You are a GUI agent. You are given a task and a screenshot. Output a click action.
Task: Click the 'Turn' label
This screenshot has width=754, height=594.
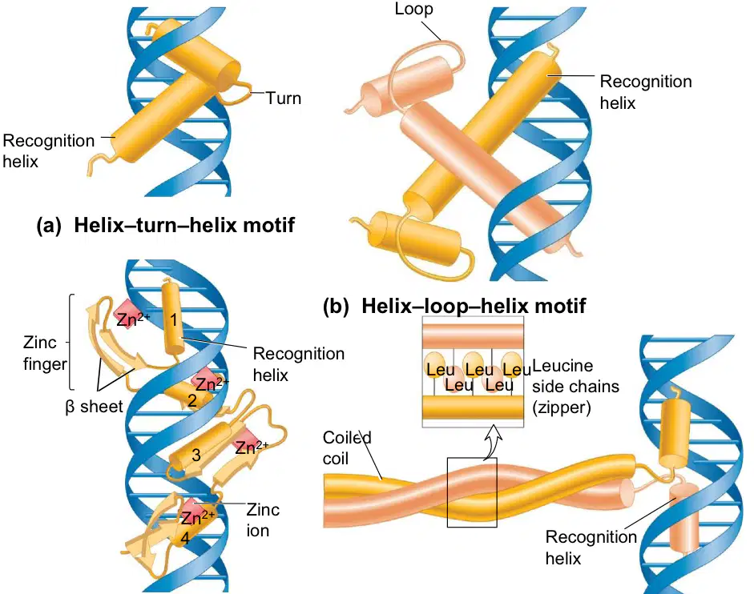pos(284,98)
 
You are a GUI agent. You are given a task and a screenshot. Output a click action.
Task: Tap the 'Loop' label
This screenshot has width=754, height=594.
pos(413,9)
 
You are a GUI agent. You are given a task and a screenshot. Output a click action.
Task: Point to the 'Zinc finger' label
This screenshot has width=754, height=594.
pos(45,353)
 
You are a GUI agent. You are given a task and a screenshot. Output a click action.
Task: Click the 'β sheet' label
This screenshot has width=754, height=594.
pos(95,407)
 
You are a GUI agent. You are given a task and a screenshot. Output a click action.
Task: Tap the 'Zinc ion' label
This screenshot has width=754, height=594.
pos(263,520)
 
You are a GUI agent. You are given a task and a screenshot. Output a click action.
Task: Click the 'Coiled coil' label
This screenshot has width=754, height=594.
pos(347,448)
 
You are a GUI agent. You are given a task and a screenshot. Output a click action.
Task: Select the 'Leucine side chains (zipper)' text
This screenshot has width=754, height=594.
pos(575,387)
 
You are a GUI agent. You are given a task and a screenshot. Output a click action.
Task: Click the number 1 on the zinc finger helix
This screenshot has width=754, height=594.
pos(174,319)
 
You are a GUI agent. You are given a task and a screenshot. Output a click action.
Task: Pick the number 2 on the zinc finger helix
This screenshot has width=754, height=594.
pos(192,400)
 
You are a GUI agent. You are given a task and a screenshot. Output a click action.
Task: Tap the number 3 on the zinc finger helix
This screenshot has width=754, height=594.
pos(196,455)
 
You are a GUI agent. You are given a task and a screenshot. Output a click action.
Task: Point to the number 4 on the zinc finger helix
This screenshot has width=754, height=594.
pos(184,539)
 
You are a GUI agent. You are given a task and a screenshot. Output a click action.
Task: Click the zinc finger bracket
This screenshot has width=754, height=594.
pos(71,342)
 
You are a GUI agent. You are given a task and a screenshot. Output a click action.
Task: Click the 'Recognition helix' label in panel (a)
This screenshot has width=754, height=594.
pos(49,151)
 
